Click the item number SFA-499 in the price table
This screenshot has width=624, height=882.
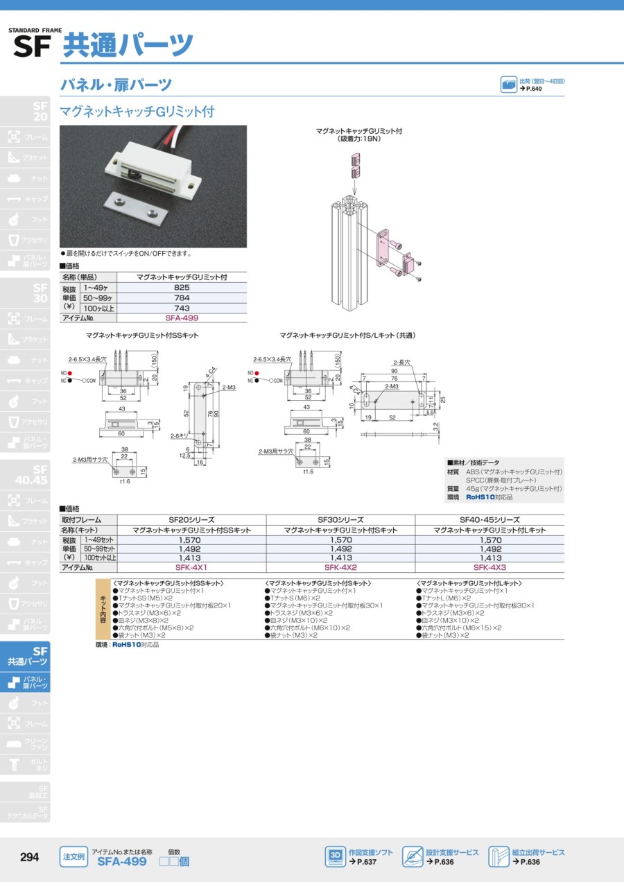[181, 318]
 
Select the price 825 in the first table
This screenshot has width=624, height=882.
[181, 286]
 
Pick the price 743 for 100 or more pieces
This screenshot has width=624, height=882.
[181, 307]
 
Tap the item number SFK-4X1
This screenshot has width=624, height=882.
[191, 567]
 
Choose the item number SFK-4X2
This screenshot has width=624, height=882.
[340, 567]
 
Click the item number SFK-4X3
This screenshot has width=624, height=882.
[489, 567]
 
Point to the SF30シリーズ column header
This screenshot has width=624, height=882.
[340, 519]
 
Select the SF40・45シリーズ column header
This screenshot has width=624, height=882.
[489, 519]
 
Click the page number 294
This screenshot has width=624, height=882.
[29, 857]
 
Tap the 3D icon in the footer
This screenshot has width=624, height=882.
[335, 857]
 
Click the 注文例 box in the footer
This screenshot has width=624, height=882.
[73, 857]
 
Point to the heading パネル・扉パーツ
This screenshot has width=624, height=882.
[116, 85]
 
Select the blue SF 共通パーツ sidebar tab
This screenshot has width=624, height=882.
[26, 657]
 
